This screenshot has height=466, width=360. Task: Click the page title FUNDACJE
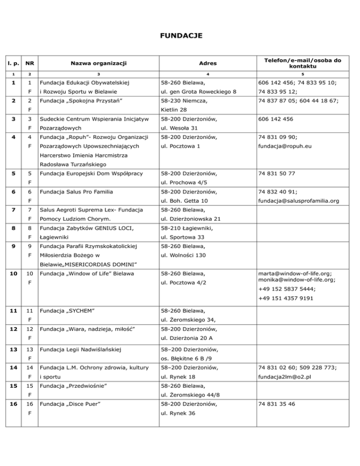180,35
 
